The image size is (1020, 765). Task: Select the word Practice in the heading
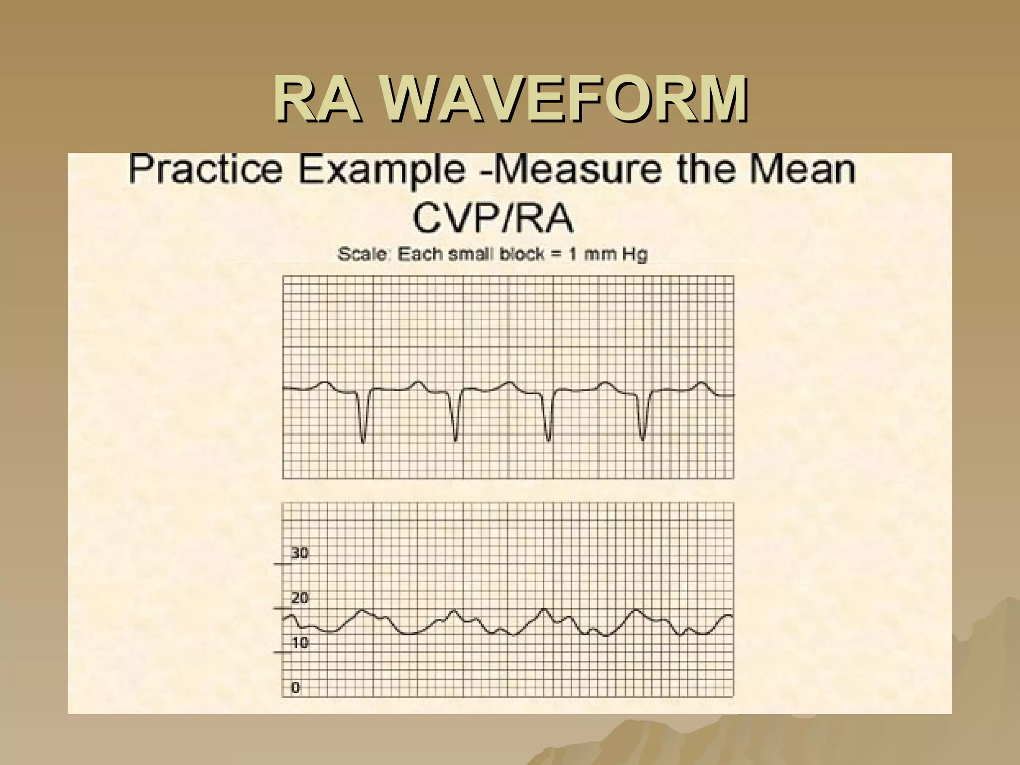click(206, 169)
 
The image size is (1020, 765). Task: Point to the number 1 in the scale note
click(573, 255)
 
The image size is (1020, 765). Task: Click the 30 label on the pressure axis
click(300, 553)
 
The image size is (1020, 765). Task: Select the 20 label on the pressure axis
click(300, 598)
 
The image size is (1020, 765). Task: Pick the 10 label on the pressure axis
click(300, 643)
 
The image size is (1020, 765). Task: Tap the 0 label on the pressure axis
click(295, 688)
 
